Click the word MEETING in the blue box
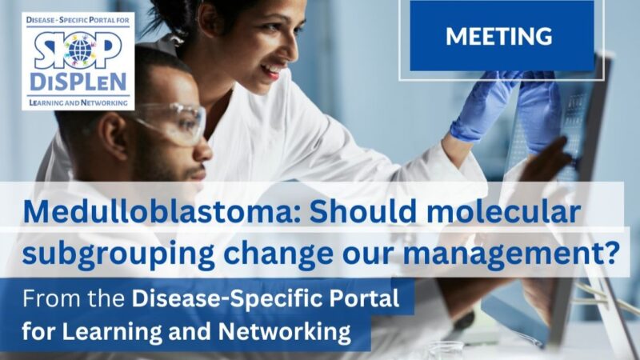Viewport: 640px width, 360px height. click(498, 36)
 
